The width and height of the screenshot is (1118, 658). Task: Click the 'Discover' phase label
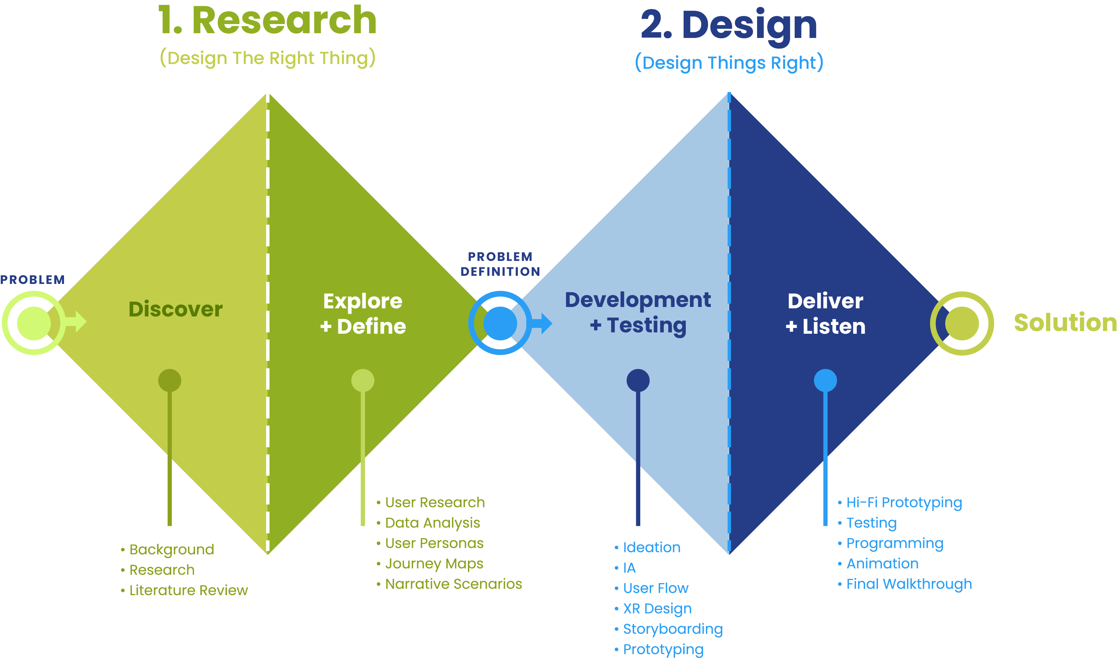click(x=175, y=309)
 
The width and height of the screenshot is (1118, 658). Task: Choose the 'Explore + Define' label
click(x=363, y=313)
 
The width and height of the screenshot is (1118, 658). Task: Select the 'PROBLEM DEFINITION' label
click(x=500, y=264)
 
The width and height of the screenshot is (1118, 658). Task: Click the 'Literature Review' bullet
click(x=188, y=591)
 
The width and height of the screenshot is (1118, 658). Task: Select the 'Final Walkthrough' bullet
click(x=909, y=584)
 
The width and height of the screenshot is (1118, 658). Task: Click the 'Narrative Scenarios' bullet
click(x=453, y=584)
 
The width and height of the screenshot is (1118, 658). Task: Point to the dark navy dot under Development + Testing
click(x=638, y=381)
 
